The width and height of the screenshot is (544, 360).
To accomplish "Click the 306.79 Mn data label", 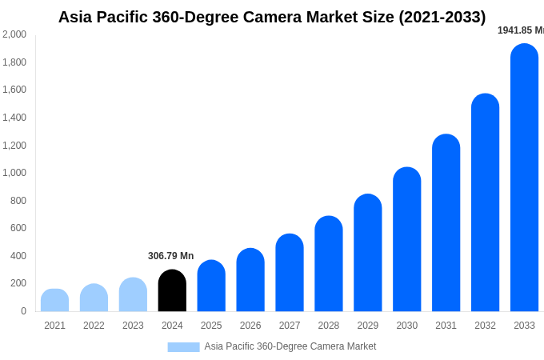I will tap(170, 256).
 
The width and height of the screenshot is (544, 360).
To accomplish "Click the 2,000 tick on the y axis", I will tap(14, 34).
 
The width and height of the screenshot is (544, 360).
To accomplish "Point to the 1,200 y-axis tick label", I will tap(14, 146).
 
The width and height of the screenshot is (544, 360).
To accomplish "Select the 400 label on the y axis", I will tap(18, 256).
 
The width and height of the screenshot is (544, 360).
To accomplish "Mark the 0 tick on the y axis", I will tap(23, 311).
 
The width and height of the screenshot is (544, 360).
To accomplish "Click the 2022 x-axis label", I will tap(94, 326).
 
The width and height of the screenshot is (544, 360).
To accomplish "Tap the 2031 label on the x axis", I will tap(446, 326).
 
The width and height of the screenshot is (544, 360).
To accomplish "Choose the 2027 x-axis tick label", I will tap(290, 326).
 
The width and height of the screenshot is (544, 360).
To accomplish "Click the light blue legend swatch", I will tap(183, 347).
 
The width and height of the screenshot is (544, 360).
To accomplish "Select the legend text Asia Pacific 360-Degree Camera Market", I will tap(290, 346).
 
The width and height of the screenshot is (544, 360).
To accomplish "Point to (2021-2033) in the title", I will tap(442, 17).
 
